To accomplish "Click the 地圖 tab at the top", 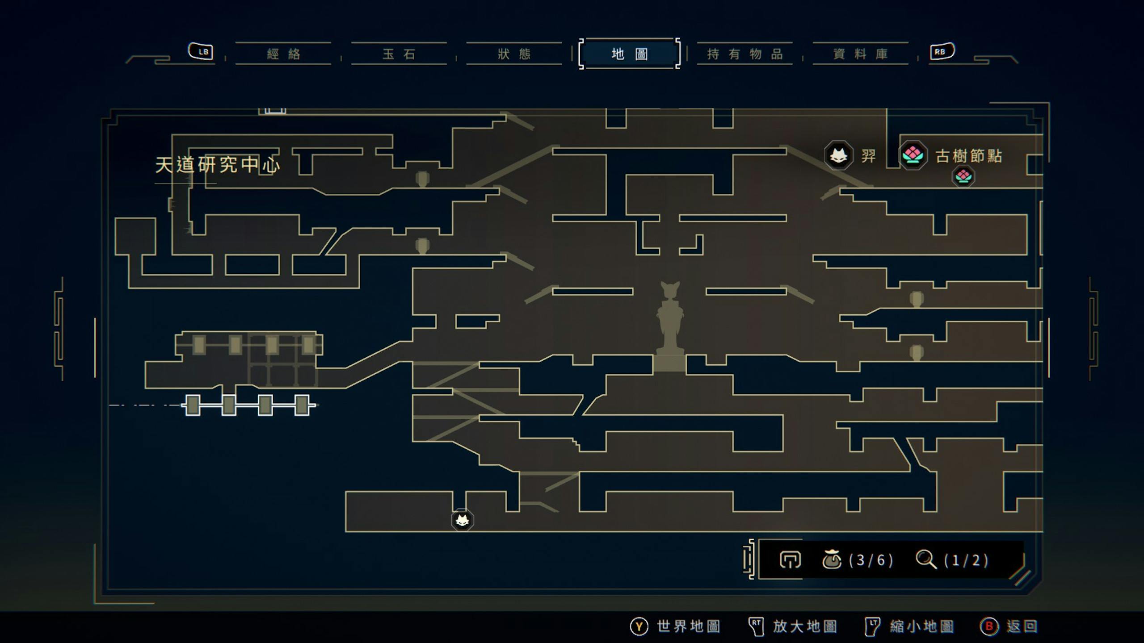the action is click(x=629, y=54).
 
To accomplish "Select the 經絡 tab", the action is click(x=283, y=54).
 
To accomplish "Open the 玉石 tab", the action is click(x=399, y=54).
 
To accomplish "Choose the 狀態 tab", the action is click(x=514, y=54).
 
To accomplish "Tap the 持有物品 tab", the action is click(x=745, y=54).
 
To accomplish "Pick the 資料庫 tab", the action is click(x=860, y=54).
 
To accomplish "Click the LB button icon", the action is click(x=201, y=51).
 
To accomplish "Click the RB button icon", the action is click(x=942, y=51).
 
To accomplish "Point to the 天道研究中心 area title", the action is click(x=218, y=165).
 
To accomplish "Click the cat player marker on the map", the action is click(x=462, y=520).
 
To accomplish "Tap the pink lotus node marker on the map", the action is click(x=963, y=176).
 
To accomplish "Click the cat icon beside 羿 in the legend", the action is click(x=838, y=155).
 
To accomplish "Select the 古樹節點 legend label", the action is click(x=969, y=156).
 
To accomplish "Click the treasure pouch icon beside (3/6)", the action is click(x=832, y=559).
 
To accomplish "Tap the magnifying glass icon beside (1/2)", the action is click(x=926, y=559).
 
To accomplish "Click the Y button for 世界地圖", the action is click(x=639, y=626).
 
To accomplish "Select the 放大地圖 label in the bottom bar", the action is click(x=805, y=626).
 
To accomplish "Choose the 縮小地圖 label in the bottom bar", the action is click(x=922, y=626).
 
